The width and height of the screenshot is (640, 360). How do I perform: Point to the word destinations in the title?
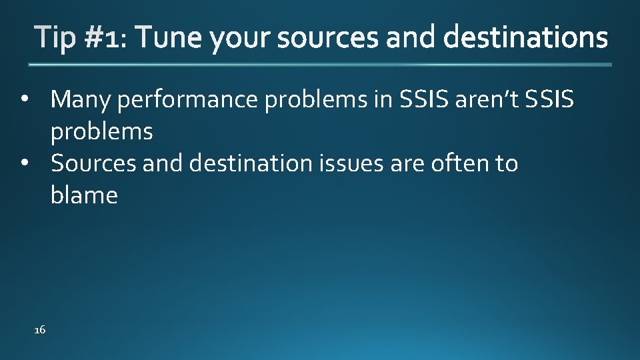click(x=525, y=39)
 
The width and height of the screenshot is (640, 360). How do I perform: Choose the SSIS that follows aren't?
click(x=549, y=100)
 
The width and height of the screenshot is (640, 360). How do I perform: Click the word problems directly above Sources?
click(x=101, y=132)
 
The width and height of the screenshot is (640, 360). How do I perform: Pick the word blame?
click(x=84, y=196)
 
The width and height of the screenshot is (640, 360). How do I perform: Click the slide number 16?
click(x=39, y=330)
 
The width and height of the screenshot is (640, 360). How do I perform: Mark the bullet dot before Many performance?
click(x=24, y=100)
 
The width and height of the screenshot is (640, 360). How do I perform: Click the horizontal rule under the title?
click(x=320, y=65)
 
